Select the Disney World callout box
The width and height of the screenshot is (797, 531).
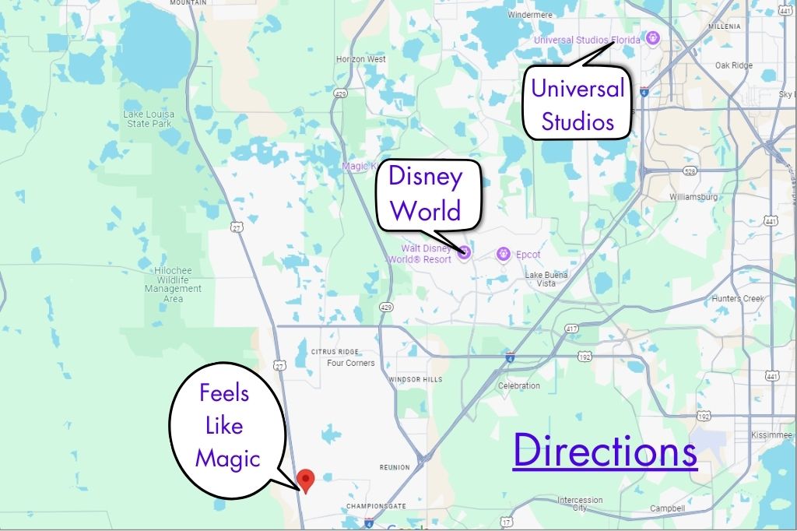tap(425, 195)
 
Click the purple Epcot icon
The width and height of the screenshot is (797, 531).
tap(503, 254)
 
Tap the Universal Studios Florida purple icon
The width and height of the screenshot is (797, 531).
tap(653, 38)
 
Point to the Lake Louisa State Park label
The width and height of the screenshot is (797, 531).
tap(149, 119)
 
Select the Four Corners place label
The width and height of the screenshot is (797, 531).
tap(350, 363)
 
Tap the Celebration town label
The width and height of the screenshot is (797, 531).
tap(518, 385)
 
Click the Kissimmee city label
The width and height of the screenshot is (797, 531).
tap(771, 434)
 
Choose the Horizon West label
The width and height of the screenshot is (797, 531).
tap(360, 59)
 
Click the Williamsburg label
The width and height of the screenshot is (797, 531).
tap(693, 197)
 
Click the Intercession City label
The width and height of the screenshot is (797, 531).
tap(580, 504)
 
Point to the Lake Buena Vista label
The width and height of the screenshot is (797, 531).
tap(546, 280)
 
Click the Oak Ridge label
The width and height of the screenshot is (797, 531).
tap(733, 66)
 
